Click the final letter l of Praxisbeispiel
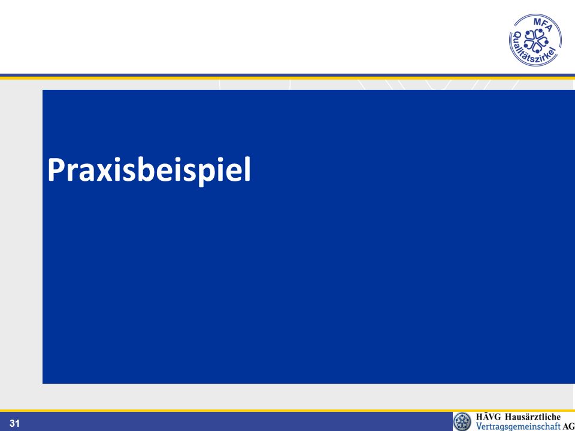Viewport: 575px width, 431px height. (247, 169)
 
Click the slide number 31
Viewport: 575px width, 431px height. (14, 424)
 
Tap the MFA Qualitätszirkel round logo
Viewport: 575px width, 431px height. (535, 40)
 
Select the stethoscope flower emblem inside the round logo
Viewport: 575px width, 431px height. (535, 40)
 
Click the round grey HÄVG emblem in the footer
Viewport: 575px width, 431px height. (462, 421)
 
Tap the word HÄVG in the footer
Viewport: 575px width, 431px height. (489, 417)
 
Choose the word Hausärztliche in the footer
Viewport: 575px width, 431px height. (533, 417)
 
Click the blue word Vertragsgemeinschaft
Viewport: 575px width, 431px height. (518, 426)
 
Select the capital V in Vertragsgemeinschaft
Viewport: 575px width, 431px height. (480, 426)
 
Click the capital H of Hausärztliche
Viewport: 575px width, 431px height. (509, 417)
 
